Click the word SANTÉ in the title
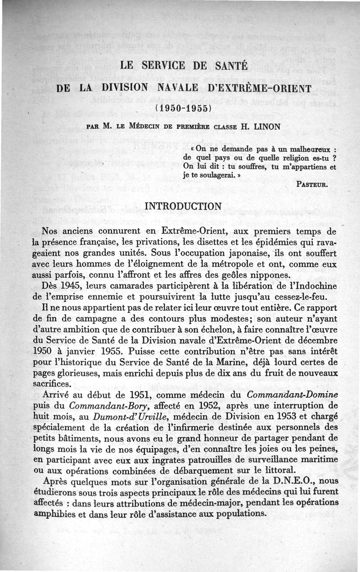pyautogui.click(x=227, y=66)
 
